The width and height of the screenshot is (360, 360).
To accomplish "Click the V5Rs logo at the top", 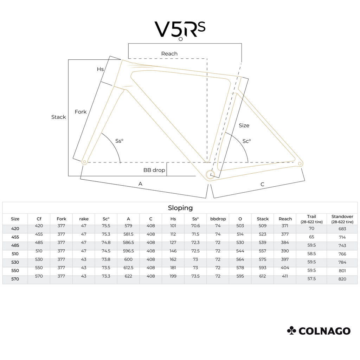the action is click(x=180, y=30).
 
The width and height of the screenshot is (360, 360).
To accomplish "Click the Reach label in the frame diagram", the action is click(x=169, y=54).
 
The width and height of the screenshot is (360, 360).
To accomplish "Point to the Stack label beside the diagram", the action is click(x=59, y=117).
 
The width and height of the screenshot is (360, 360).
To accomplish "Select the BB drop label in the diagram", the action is click(x=154, y=170).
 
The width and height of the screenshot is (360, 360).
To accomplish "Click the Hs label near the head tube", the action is click(x=100, y=69).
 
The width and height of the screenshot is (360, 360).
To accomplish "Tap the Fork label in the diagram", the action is click(x=81, y=112).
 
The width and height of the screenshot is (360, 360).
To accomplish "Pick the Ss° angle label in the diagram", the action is click(x=119, y=141).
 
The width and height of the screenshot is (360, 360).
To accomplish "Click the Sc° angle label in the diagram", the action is click(x=246, y=141).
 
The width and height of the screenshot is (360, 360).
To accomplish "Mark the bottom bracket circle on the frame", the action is click(x=210, y=175).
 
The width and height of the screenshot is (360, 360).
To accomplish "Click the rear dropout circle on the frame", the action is click(x=300, y=164).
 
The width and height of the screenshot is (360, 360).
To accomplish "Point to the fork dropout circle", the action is click(x=84, y=162).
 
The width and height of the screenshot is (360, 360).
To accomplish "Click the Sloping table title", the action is click(x=180, y=208).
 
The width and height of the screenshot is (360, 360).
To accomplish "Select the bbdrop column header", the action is click(x=218, y=219).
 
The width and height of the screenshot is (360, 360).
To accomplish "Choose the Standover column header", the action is click(x=342, y=219).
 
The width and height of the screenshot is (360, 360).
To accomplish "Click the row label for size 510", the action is click(x=15, y=254).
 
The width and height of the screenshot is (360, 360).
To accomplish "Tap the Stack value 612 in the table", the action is click(x=262, y=276).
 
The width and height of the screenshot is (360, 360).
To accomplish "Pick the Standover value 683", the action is click(x=342, y=229).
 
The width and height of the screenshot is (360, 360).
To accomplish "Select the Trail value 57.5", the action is click(x=311, y=279).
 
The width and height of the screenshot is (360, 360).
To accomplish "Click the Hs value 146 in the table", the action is click(x=173, y=251).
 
